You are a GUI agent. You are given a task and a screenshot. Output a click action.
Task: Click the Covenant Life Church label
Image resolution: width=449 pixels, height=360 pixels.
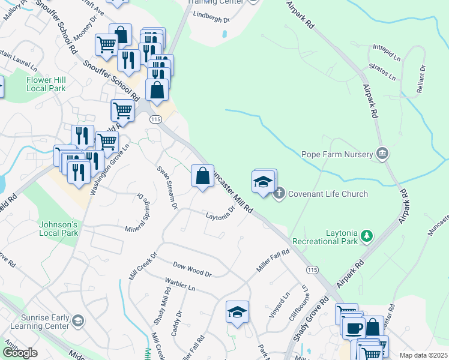point(328,194)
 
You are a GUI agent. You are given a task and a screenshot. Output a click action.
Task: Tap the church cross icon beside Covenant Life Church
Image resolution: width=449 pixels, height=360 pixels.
point(279,194)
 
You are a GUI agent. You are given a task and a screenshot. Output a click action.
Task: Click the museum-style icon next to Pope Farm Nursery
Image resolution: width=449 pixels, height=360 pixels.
point(381,154)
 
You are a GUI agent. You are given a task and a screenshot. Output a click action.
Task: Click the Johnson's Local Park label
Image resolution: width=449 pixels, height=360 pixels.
point(59,229)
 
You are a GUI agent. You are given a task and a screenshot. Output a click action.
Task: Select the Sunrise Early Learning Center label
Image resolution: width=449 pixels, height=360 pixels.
point(34,322)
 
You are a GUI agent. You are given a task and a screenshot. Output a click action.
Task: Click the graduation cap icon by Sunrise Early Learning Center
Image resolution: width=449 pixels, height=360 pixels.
point(77,321)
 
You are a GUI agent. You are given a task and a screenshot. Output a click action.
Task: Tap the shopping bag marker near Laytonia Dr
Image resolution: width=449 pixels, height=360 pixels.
point(202,176)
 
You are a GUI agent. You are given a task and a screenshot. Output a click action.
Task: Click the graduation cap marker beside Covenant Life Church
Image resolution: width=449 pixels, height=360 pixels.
point(264,182)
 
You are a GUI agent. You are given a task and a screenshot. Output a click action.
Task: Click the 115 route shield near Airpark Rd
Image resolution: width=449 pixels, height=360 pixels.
point(312,271)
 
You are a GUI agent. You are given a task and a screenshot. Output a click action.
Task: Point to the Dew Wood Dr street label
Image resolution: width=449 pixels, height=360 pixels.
point(192,269)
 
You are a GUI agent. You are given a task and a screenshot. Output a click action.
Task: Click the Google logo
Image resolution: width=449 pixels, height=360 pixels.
point(20,353)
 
